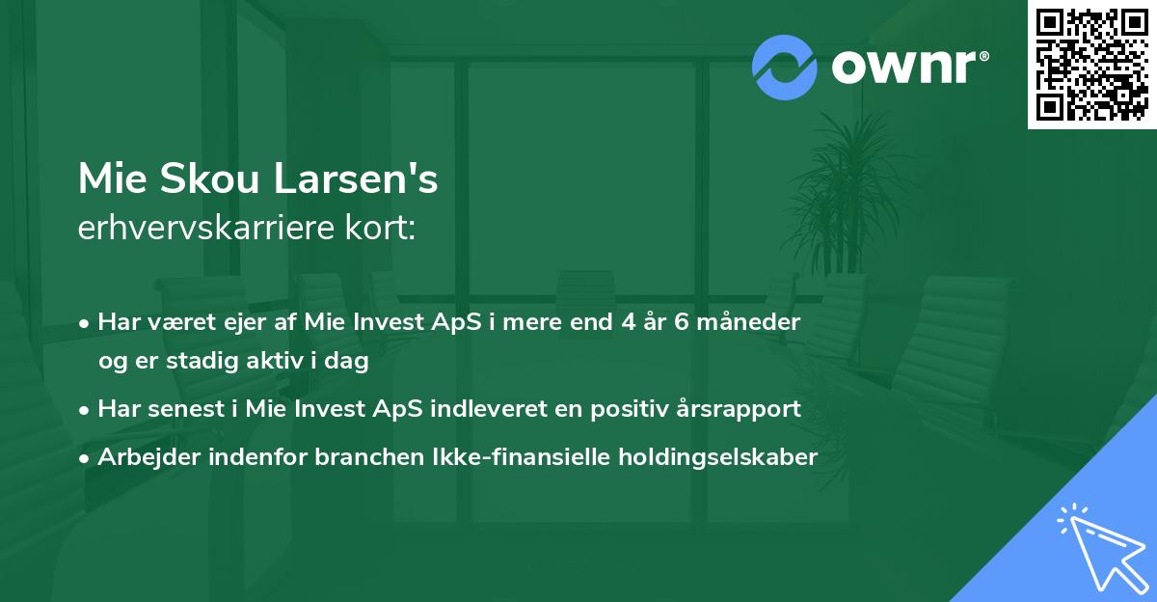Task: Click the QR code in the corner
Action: [x=1092, y=64]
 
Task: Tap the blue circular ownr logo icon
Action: [x=786, y=67]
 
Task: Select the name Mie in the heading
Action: [x=109, y=180]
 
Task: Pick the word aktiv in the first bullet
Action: [x=280, y=362]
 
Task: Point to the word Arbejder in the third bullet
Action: [x=144, y=457]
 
